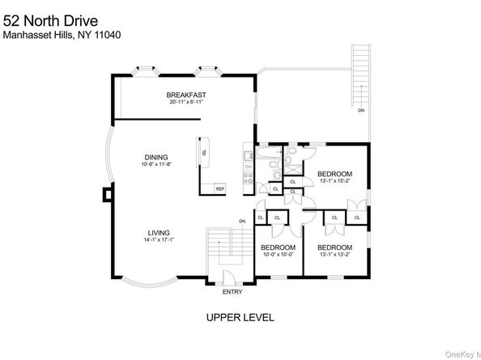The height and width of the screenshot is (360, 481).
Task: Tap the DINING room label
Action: click(157, 157)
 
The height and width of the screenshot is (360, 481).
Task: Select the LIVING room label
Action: click(159, 232)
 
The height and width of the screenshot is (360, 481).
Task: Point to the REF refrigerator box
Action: click(219, 188)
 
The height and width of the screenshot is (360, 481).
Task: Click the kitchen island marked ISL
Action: click(204, 151)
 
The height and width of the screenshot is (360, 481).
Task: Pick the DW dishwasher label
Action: click(248, 167)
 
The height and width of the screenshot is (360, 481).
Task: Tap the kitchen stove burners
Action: click(248, 155)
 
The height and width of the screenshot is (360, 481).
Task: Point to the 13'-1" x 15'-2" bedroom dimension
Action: click(334, 182)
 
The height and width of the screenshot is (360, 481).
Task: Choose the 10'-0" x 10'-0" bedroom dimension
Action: click(277, 254)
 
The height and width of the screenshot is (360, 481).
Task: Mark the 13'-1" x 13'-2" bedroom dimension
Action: click(334, 254)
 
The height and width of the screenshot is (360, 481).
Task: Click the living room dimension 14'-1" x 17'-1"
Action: click(159, 239)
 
